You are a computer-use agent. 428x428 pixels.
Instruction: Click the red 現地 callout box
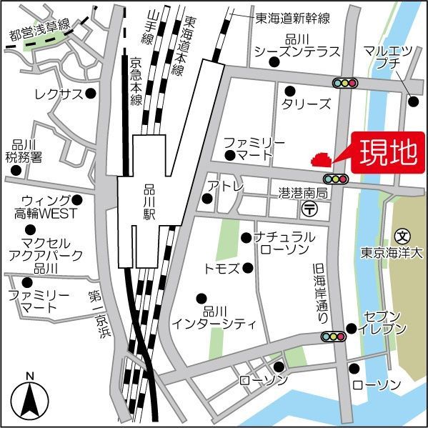(386, 154)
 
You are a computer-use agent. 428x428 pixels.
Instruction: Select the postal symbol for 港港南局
(310, 209)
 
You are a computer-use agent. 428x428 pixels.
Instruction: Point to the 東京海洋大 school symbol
(404, 235)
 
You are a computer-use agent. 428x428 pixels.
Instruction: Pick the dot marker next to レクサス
(91, 94)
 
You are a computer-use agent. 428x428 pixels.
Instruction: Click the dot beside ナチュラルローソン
(246, 237)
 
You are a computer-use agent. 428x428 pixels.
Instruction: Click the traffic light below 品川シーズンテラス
(344, 83)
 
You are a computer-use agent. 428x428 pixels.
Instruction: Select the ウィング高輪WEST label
(42, 206)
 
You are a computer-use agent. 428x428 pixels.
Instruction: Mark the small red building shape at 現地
(320, 161)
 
